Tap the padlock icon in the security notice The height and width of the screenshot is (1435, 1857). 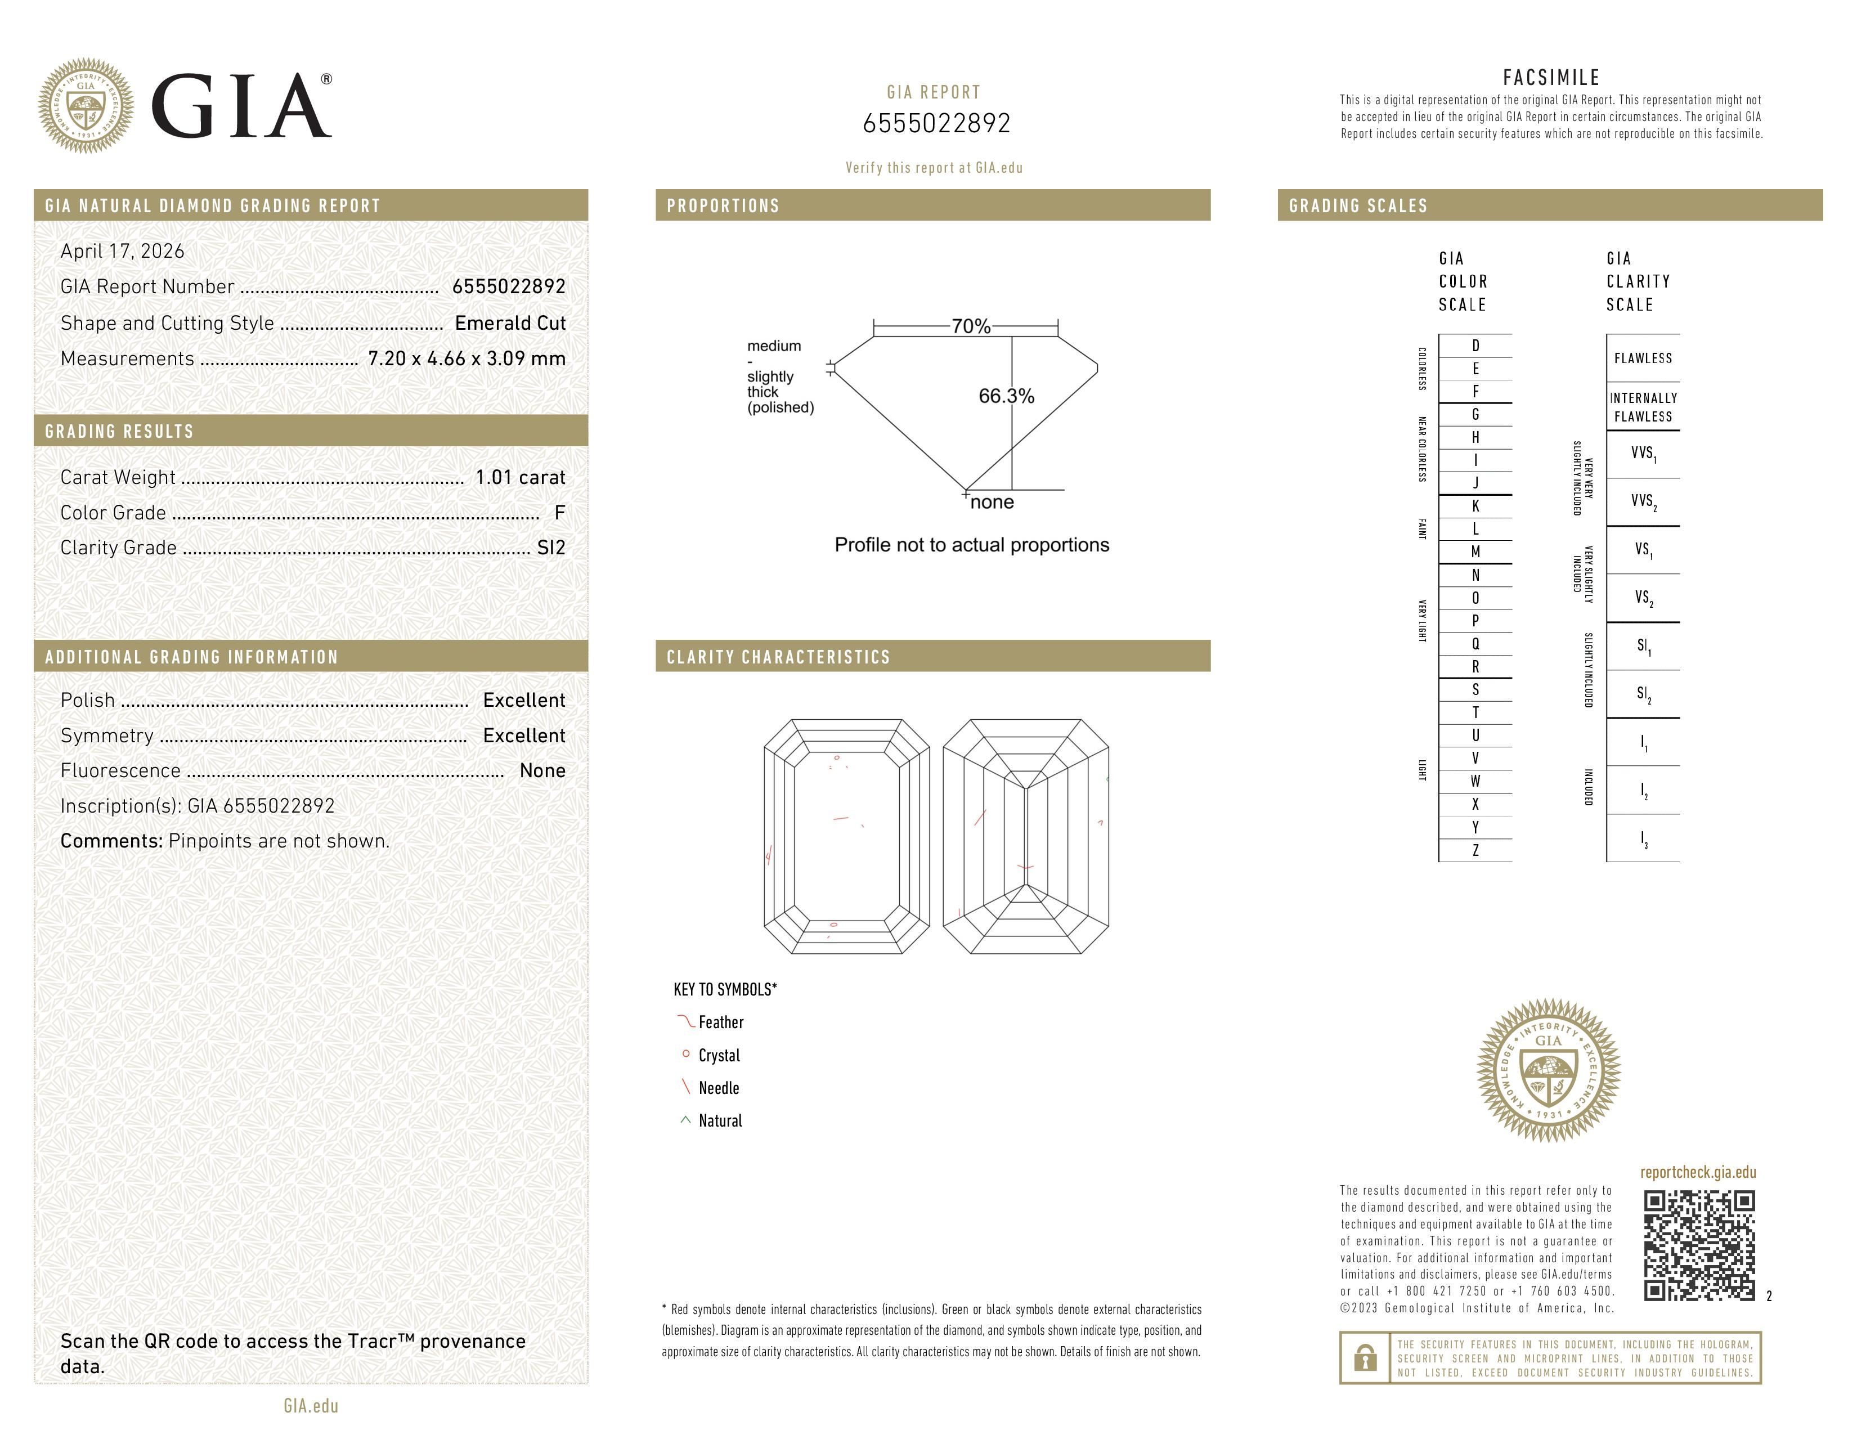click(x=1365, y=1358)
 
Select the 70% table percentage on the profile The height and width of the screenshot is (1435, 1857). click(x=970, y=326)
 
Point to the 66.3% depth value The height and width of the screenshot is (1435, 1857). click(x=1006, y=396)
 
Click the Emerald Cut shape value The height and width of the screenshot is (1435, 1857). click(x=510, y=323)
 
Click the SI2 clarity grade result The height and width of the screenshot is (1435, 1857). click(x=551, y=548)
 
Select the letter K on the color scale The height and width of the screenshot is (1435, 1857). click(x=1475, y=506)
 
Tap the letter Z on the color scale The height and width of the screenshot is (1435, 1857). click(x=1475, y=851)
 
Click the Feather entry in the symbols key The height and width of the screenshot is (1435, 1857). click(x=720, y=1023)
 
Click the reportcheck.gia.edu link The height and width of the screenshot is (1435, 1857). click(x=1698, y=1172)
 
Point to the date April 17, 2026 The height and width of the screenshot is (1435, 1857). click(x=123, y=252)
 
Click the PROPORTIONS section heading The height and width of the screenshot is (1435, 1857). click(x=723, y=206)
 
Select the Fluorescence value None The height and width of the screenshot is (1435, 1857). click(x=542, y=771)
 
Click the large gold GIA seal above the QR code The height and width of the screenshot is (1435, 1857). click(x=1549, y=1070)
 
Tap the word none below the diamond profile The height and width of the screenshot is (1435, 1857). click(x=992, y=503)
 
